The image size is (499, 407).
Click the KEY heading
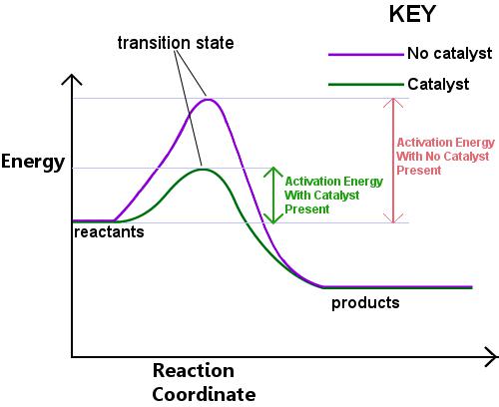tap(412, 14)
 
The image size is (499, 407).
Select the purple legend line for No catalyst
tap(366, 55)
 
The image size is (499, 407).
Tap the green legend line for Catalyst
tap(366, 85)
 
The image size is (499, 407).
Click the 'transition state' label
tap(176, 43)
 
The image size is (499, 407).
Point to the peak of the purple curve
tap(208, 99)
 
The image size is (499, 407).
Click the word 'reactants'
tap(109, 231)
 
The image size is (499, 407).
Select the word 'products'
tap(365, 303)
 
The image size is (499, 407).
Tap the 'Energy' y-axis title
tap(33, 163)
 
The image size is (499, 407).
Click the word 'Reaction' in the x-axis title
tap(194, 370)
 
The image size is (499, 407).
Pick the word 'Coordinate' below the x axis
tap(204, 394)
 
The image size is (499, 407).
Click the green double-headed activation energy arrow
tap(273, 196)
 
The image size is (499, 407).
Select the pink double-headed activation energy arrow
tap(393, 161)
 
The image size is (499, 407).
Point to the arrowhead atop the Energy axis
tap(72, 80)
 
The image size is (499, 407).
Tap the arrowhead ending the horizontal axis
tap(492, 357)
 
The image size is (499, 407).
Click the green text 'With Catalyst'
tap(322, 196)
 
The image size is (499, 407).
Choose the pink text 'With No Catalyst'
tap(443, 157)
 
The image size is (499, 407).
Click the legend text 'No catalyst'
tap(449, 54)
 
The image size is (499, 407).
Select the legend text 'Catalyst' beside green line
tap(438, 85)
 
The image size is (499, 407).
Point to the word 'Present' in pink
tap(419, 171)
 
